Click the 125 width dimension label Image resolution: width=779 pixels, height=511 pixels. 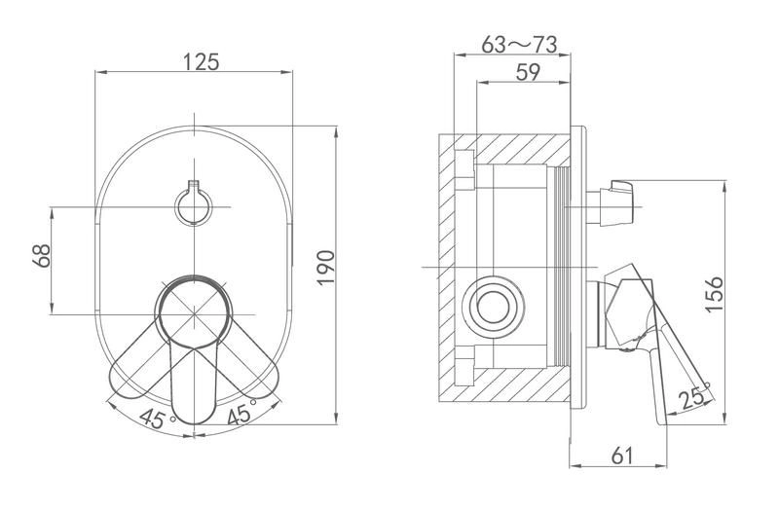pyautogui.click(x=202, y=62)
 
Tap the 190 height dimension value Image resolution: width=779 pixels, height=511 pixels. pyautogui.click(x=326, y=268)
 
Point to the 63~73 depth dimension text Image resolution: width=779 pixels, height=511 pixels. pyautogui.click(x=519, y=45)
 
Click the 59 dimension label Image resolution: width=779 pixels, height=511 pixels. pyautogui.click(x=528, y=72)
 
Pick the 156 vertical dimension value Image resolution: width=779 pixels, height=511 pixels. pyautogui.click(x=714, y=294)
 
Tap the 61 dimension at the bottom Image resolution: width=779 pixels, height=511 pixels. pyautogui.click(x=622, y=456)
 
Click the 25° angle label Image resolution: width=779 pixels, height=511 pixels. pyautogui.click(x=694, y=396)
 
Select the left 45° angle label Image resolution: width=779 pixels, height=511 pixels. pyautogui.click(x=157, y=419)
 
